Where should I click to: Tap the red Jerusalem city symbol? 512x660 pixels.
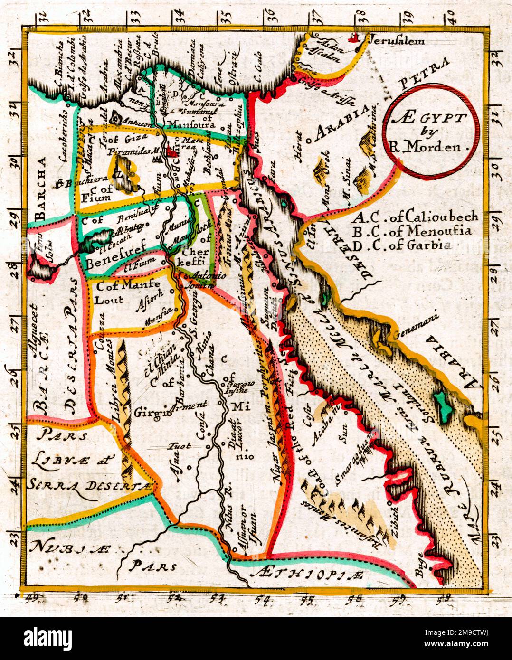tap(353, 39)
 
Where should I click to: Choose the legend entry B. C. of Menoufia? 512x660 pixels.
tap(414, 232)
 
